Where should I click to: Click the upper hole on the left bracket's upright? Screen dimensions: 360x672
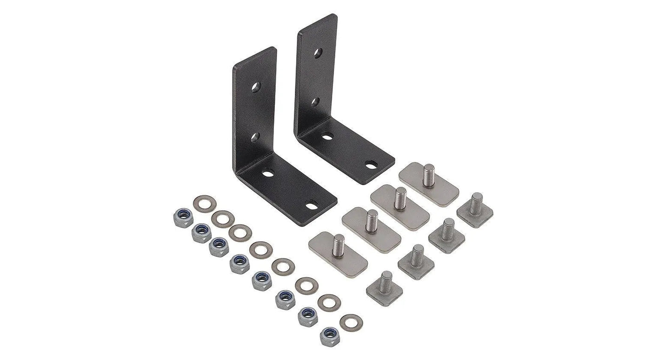(255, 87)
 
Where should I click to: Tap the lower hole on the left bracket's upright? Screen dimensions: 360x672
(255, 137)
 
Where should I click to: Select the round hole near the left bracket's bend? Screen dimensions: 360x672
(268, 173)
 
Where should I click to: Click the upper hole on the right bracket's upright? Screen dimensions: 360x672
(318, 53)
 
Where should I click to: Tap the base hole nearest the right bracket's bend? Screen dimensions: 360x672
(327, 137)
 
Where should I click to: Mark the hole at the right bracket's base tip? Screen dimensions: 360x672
(371, 165)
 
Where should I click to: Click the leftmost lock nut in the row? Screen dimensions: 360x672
(183, 217)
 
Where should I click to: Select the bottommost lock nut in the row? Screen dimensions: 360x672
(330, 336)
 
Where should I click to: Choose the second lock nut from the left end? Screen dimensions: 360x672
(201, 232)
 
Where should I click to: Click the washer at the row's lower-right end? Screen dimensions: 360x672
(352, 322)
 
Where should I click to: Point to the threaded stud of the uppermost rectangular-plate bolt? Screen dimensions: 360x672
(429, 174)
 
